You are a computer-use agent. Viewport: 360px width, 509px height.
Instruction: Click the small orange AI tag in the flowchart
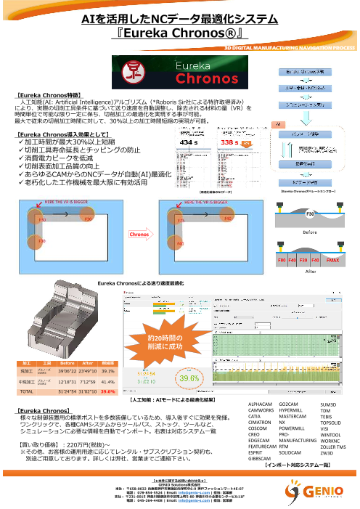coord(279,124)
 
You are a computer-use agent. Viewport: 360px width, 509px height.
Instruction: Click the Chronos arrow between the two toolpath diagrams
coord(139,235)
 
